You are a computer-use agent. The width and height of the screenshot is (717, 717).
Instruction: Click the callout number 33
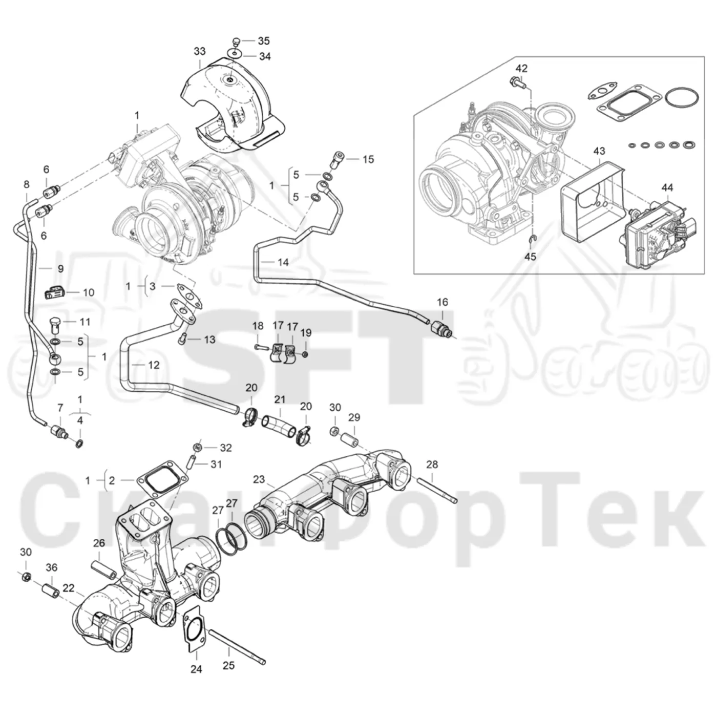click(199, 51)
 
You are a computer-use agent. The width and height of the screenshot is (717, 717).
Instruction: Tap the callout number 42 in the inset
click(521, 68)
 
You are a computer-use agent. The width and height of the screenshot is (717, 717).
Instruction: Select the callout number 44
click(667, 187)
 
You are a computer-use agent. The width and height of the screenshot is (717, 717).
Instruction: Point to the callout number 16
click(442, 302)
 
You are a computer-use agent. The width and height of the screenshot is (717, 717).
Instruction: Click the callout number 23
click(259, 479)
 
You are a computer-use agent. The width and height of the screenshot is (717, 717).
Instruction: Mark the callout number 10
click(89, 292)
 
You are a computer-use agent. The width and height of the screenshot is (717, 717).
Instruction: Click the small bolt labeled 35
click(235, 40)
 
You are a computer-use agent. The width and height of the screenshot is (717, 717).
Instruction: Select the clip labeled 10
click(54, 293)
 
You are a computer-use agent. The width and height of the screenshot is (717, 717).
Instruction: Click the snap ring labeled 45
click(532, 241)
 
